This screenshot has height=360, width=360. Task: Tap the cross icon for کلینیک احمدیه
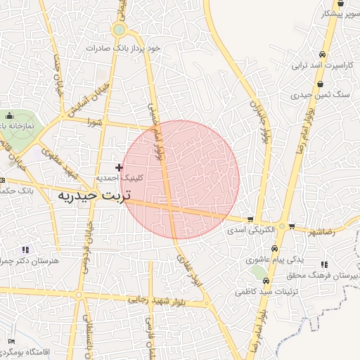pos(119,167)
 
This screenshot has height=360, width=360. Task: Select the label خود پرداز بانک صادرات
pos(124,48)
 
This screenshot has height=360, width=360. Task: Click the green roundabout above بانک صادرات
pos(119,30)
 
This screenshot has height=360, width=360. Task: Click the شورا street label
pos(94,121)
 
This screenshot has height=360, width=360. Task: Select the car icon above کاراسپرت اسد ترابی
pos(321,54)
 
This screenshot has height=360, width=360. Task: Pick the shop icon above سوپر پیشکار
pos(340,4)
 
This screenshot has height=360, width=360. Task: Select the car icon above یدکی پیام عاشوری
pos(274,249)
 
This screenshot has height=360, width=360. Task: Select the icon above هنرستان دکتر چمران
pos(26,250)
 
